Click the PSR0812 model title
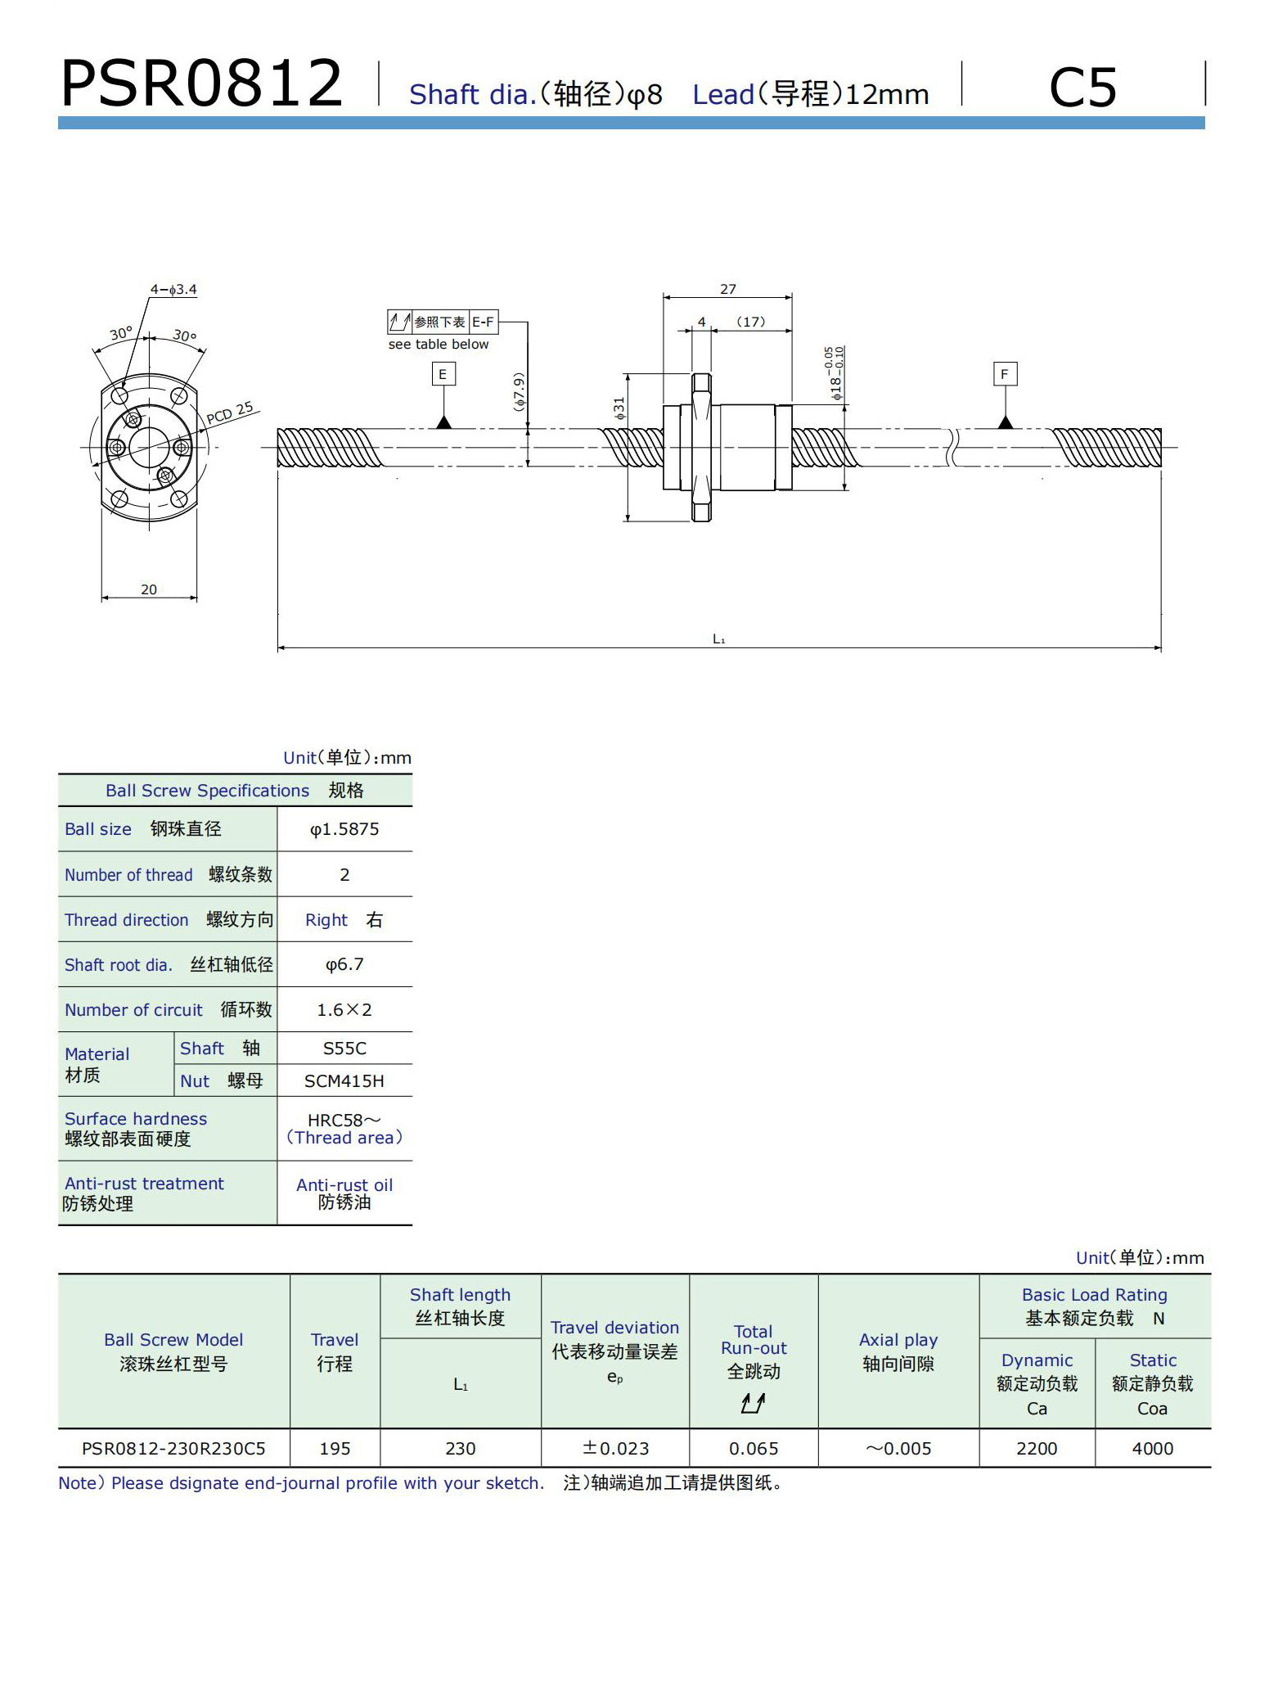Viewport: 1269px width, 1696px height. (201, 83)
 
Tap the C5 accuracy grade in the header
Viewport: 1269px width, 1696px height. (1082, 87)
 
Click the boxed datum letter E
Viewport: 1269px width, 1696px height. (443, 374)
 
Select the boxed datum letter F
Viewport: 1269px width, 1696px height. (1005, 374)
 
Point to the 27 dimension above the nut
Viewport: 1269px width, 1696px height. (727, 289)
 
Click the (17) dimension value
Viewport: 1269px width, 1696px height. (750, 322)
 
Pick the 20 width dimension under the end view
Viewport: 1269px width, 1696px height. (148, 589)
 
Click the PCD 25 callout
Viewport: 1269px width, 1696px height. (230, 413)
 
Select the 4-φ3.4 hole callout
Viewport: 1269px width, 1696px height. (173, 289)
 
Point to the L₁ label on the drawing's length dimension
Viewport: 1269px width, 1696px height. (718, 639)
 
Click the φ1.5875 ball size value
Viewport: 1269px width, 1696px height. (344, 829)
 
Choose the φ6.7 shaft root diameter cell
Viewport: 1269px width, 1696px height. (344, 964)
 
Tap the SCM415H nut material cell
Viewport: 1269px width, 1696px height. (344, 1080)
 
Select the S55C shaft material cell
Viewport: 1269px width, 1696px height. (344, 1048)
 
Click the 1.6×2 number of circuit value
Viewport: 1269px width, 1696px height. (344, 1010)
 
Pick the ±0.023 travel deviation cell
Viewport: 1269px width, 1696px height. (615, 1448)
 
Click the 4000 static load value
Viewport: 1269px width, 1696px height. (1152, 1448)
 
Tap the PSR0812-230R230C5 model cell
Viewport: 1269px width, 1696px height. (173, 1448)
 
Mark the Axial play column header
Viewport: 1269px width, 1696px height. (898, 1351)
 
